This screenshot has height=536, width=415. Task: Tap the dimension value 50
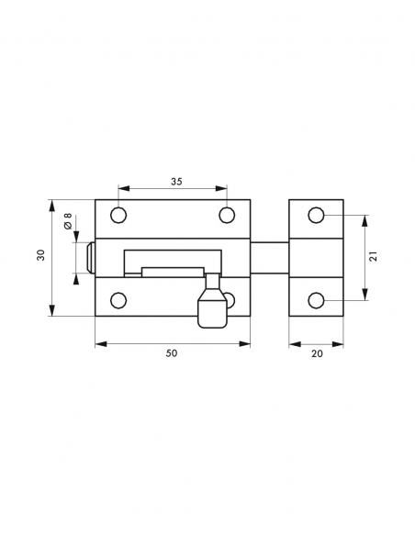[172, 353]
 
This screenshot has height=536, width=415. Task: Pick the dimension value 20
[317, 353]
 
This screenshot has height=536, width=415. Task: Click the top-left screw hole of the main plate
[118, 216]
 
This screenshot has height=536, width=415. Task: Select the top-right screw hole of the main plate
[227, 216]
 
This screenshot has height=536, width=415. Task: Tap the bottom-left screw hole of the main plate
[118, 300]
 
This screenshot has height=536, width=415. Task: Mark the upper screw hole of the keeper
[316, 216]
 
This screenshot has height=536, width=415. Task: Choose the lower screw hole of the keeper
[316, 300]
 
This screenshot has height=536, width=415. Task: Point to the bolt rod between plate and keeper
[269, 258]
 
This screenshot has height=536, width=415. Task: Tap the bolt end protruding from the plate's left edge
[90, 258]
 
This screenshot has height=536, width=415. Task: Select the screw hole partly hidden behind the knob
[230, 300]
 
